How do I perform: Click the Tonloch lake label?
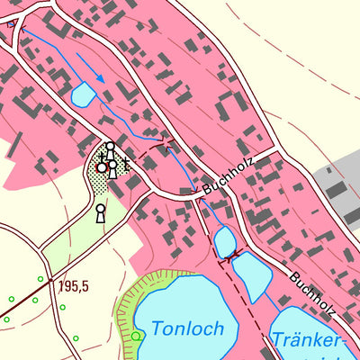click(186, 328)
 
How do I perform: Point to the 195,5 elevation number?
click(74, 287)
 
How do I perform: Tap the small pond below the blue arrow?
click(82, 93)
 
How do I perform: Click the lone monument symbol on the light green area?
click(100, 212)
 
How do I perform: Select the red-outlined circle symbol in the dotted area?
click(102, 167)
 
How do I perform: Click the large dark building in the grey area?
click(335, 190)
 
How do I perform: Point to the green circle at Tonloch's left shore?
click(136, 336)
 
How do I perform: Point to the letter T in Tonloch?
click(156, 328)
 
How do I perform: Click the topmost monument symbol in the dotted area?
click(110, 148)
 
